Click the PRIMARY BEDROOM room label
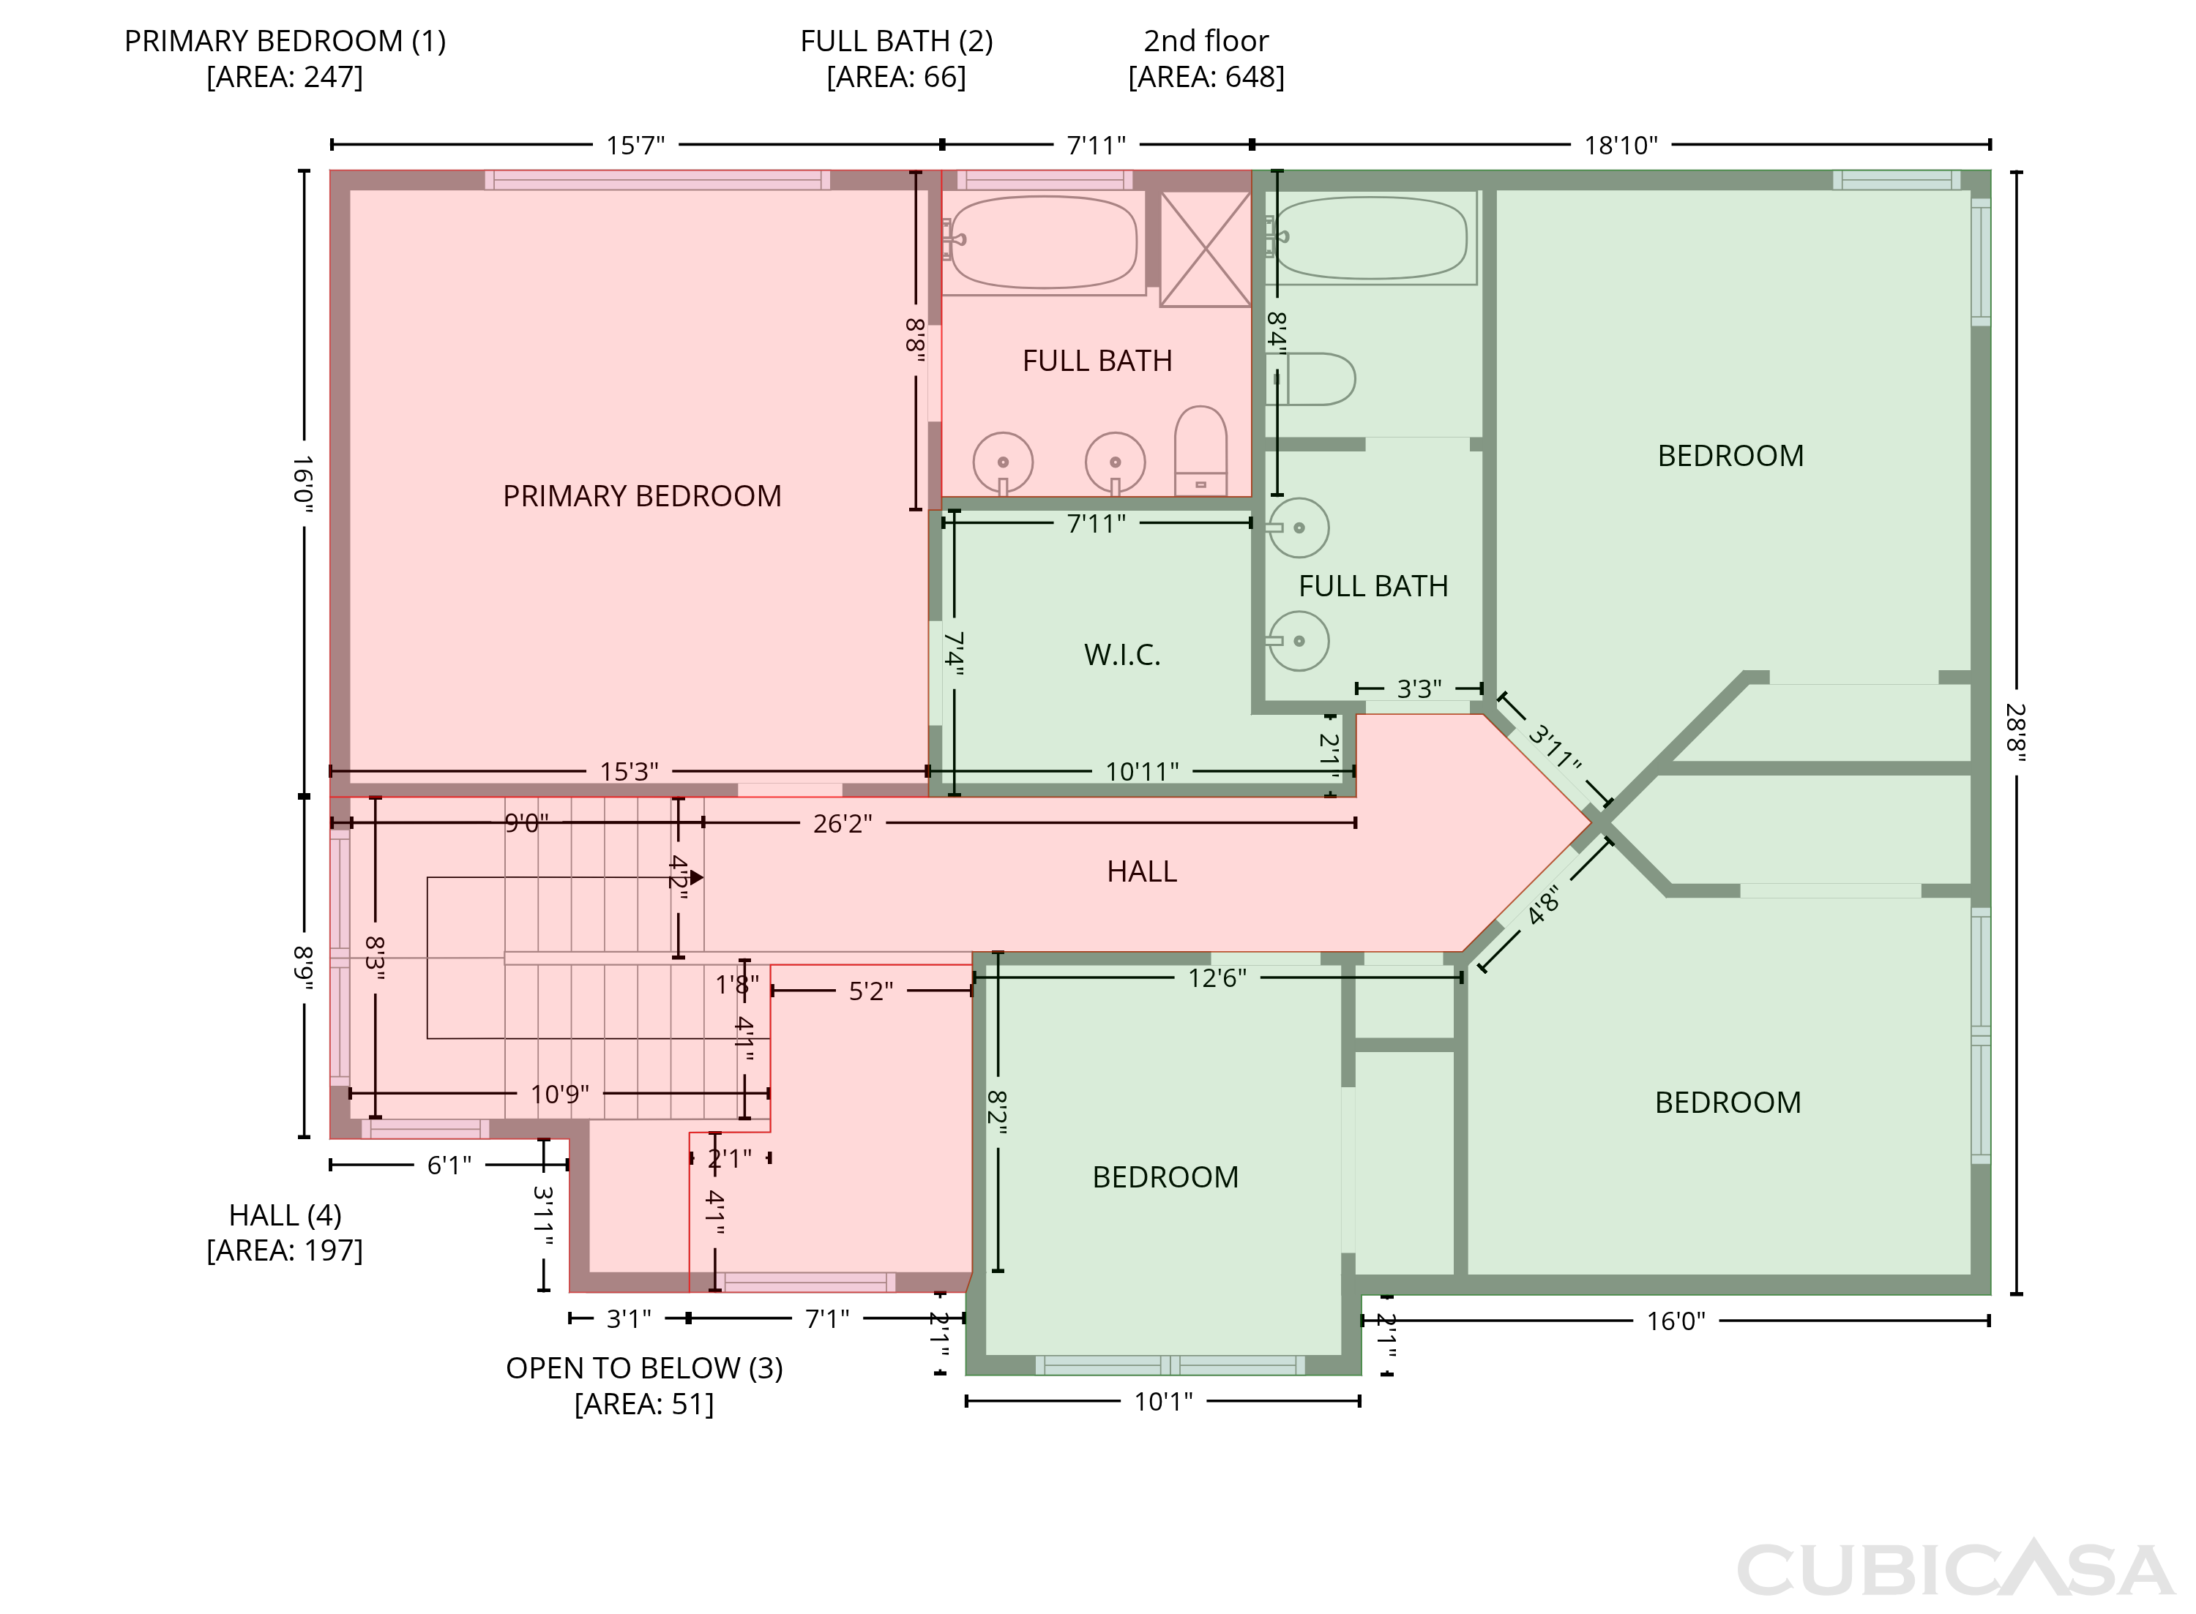[641, 496]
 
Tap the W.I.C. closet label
[1122, 655]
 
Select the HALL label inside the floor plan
[1141, 871]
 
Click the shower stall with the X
[1205, 249]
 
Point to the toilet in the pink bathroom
[1200, 451]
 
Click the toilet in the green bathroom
[1312, 379]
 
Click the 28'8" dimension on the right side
[2015, 733]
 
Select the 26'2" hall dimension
[843, 824]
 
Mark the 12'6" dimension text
[1217, 978]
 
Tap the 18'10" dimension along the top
[1621, 146]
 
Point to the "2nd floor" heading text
[1206, 41]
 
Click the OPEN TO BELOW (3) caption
[644, 1367]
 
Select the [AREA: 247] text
[285, 77]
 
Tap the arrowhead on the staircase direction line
[697, 877]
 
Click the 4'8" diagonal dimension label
[1543, 904]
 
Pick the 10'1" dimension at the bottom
[1163, 1402]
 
